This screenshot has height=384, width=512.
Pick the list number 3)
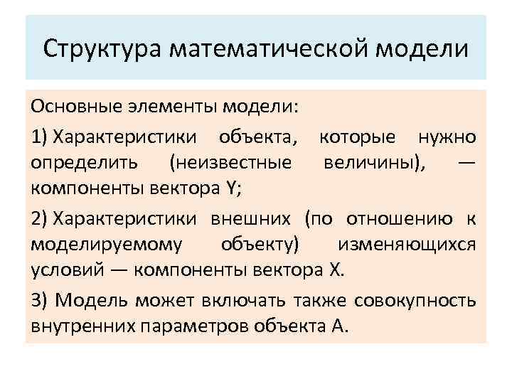40,300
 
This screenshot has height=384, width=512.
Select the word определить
74,163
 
